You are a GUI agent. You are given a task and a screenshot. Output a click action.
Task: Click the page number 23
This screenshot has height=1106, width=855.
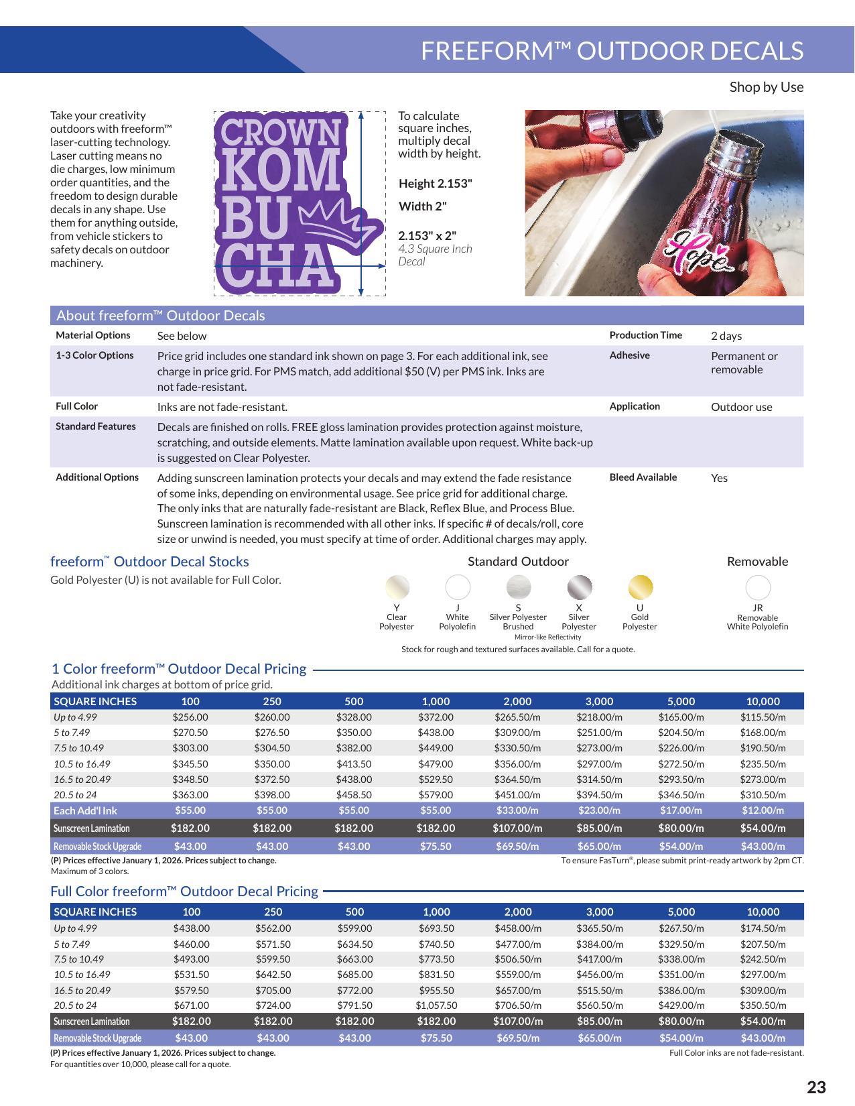[x=816, y=1087]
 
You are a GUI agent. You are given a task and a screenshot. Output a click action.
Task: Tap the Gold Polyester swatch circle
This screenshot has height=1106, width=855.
[x=640, y=587]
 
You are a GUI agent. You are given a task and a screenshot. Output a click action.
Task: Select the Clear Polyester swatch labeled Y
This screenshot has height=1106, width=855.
[x=397, y=587]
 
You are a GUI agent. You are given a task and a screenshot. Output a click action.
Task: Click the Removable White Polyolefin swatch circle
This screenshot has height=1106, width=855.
[x=758, y=588]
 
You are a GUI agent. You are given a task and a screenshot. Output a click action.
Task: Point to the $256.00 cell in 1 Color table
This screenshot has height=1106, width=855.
[x=190, y=717]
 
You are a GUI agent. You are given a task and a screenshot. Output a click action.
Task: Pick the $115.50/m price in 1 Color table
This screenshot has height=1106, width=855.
[x=763, y=717]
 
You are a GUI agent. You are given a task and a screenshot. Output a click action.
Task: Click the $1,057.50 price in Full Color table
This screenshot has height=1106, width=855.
[x=436, y=1005]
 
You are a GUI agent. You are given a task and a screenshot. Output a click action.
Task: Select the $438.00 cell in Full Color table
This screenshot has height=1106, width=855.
[x=192, y=928]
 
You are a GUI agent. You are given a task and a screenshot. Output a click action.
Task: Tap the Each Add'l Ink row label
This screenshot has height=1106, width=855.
[x=85, y=810]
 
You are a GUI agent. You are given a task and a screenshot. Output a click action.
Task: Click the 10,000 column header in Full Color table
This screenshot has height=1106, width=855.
[x=763, y=912]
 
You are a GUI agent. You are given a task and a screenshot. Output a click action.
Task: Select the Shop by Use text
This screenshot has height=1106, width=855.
[x=766, y=87]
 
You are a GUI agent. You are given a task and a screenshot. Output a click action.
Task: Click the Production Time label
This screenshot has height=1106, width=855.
[x=645, y=335]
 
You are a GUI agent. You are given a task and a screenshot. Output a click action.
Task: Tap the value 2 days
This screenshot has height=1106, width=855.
[x=726, y=336]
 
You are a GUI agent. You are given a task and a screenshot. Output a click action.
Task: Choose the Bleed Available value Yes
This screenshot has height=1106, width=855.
[x=719, y=478]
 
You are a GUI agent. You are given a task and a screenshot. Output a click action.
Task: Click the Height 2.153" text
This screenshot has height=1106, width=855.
[x=435, y=184]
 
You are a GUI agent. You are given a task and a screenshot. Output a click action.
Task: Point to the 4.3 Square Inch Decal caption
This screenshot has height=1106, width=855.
[x=435, y=255]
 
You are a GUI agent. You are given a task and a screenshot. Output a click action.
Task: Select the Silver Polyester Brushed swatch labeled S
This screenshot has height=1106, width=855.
[x=518, y=587]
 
